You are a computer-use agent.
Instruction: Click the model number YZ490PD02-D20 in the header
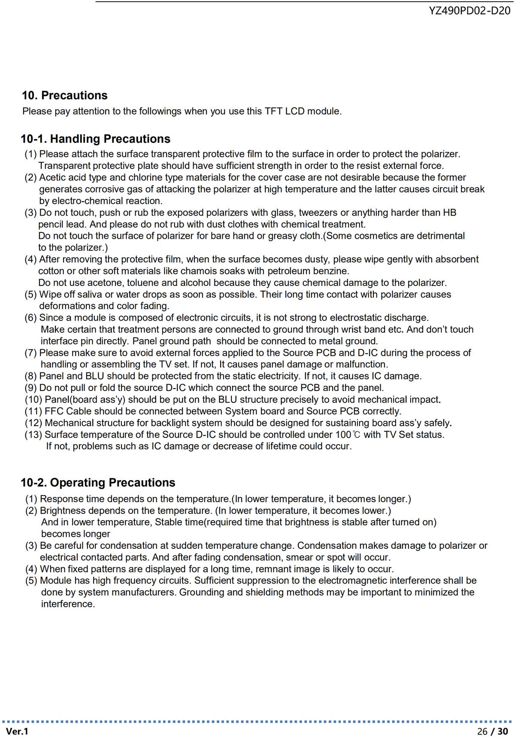(470, 11)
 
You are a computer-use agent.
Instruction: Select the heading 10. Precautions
(65, 95)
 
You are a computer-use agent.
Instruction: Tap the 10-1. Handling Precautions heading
(95, 139)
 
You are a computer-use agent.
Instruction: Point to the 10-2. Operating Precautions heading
(98, 483)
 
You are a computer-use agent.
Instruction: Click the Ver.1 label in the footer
(17, 731)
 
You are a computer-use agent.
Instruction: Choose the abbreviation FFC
(54, 412)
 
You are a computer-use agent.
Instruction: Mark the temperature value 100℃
(348, 435)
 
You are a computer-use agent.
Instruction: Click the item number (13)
(33, 435)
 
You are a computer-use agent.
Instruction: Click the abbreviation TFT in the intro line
(273, 111)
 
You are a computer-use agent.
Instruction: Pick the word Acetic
(53, 177)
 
